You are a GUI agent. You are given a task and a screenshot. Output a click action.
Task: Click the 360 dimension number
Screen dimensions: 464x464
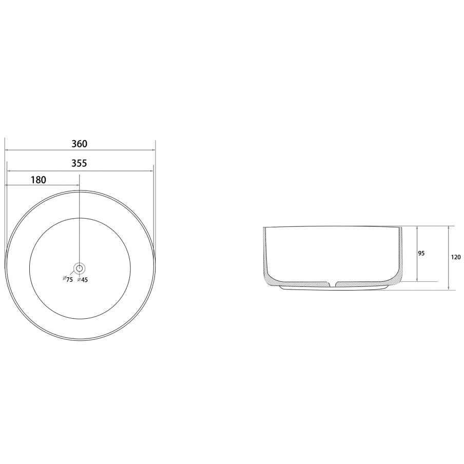(x=80, y=144)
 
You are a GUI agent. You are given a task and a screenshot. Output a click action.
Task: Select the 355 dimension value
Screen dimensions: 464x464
(x=80, y=163)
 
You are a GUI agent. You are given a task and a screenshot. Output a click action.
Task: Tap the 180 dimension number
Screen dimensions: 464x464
(x=38, y=180)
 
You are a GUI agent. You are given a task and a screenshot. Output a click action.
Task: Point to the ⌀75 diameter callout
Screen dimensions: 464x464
(x=68, y=279)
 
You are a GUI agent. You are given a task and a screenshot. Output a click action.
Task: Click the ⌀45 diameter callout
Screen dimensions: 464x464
(x=83, y=280)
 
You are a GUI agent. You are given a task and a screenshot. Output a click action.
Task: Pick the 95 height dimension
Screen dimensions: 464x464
(x=421, y=254)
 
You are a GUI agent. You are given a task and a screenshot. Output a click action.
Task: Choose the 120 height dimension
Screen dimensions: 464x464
(x=456, y=257)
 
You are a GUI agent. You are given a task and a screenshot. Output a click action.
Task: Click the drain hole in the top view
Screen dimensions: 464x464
(x=80, y=268)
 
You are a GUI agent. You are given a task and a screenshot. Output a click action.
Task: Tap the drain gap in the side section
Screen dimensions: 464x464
(x=333, y=284)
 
